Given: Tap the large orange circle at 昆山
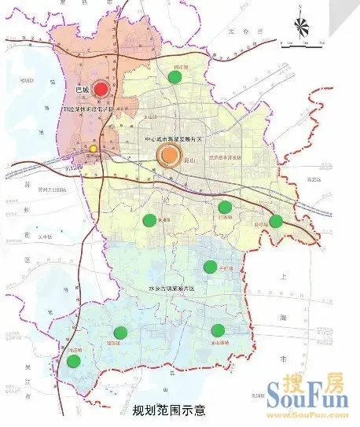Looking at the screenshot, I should click(x=169, y=155).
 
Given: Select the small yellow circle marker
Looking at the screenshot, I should click(x=93, y=149).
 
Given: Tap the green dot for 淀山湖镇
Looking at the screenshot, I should click(x=218, y=331).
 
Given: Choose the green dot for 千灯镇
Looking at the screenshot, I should click(x=210, y=267).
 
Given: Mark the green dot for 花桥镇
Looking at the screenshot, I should click(x=276, y=221).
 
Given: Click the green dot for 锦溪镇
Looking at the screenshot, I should click(x=120, y=333).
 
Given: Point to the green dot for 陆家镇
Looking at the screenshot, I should click(x=226, y=208).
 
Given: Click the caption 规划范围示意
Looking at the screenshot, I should click(x=169, y=410).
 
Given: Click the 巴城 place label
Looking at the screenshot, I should click(x=80, y=91).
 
